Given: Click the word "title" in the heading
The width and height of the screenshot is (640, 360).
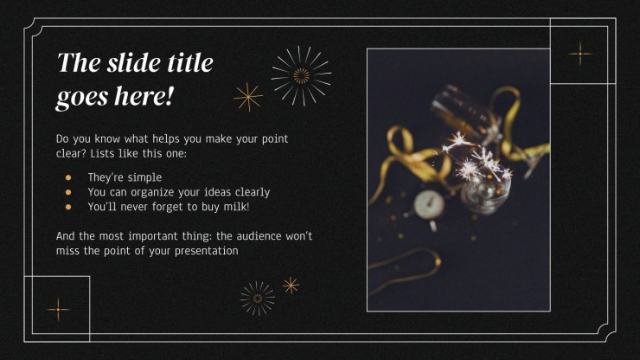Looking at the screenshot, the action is click(x=190, y=62).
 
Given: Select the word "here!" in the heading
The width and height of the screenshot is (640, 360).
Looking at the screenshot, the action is click(x=144, y=95).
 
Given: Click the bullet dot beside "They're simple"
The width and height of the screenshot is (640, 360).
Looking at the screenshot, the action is click(x=68, y=177).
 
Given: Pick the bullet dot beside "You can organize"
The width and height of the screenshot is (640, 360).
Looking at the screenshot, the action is click(x=68, y=192).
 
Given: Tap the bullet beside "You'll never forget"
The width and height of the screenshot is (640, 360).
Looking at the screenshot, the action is click(x=68, y=207).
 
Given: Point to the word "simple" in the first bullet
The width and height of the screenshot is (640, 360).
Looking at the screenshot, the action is click(x=145, y=177).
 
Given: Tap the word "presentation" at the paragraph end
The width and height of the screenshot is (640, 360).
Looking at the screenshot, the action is click(x=207, y=251).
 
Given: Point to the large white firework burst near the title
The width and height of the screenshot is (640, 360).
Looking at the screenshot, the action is click(x=301, y=75).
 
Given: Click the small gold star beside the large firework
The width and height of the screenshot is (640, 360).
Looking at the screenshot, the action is click(x=248, y=97).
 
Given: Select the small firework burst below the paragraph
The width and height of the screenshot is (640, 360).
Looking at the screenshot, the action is click(x=258, y=299).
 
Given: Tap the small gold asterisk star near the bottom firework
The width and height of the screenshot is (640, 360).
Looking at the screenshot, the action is click(x=291, y=286).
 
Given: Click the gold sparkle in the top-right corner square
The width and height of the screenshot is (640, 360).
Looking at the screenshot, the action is click(x=580, y=54).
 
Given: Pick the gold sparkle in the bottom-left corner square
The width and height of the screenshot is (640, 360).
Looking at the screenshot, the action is click(x=58, y=309).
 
